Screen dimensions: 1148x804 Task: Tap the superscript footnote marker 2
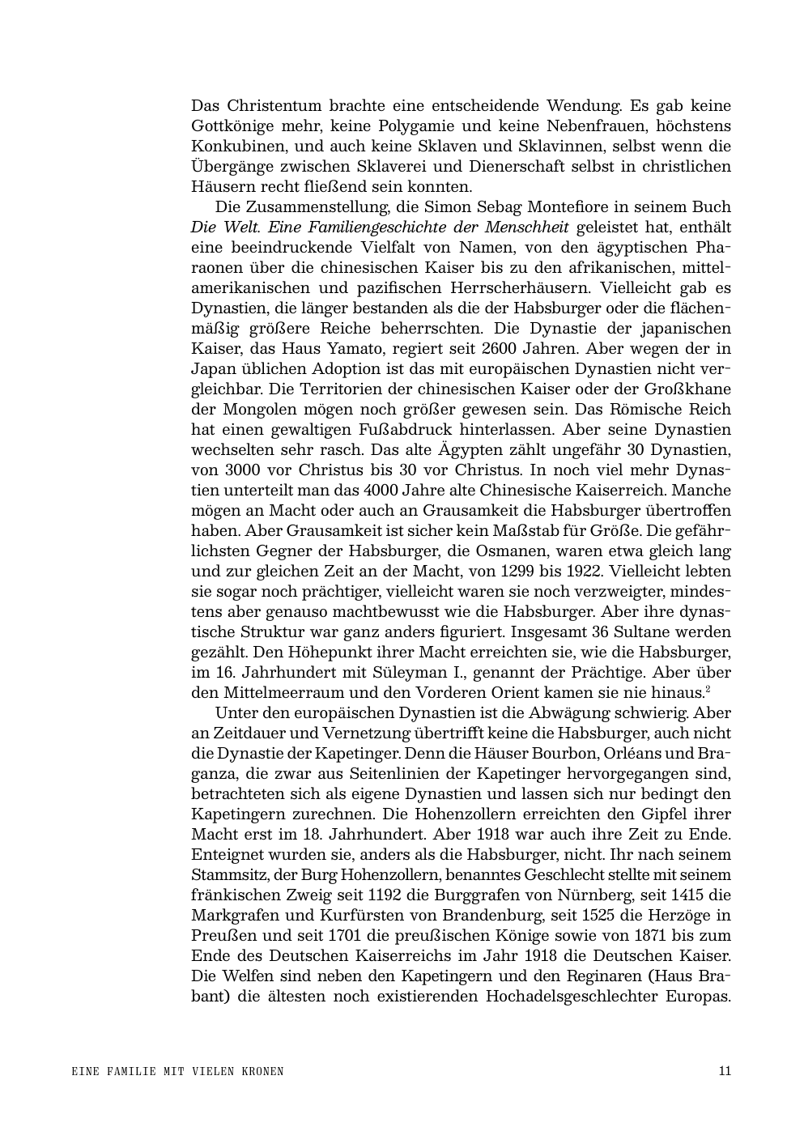pyautogui.click(x=708, y=689)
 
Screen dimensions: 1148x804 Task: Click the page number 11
pyautogui.click(x=725, y=1071)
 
